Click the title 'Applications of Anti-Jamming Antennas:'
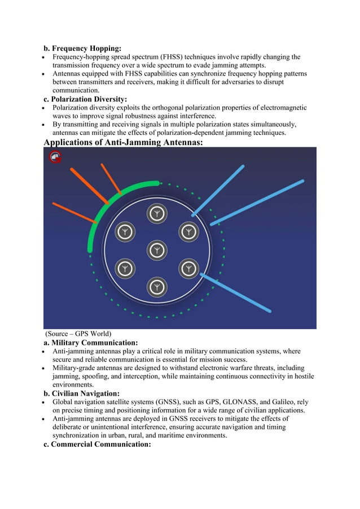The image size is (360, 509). point(123,142)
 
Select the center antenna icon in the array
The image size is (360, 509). point(157,250)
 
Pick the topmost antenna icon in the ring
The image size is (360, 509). point(157,213)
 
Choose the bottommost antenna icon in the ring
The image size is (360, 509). point(157,287)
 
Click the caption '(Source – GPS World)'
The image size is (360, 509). point(78,334)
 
